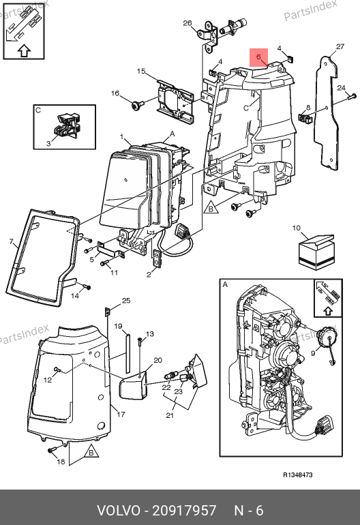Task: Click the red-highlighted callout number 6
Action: click(x=258, y=57)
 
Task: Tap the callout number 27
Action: click(x=340, y=46)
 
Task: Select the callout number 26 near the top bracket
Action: click(x=187, y=23)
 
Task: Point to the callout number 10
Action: click(x=297, y=228)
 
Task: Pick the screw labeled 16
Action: click(x=137, y=105)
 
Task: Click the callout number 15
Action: click(x=141, y=71)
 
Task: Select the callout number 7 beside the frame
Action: click(x=12, y=241)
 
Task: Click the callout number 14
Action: click(x=75, y=296)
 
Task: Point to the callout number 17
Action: click(x=121, y=414)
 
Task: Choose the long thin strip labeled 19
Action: click(x=127, y=353)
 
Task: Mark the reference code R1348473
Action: click(x=298, y=475)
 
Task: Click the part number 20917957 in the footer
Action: click(x=184, y=511)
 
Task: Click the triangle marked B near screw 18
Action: click(x=91, y=452)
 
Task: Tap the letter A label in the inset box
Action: click(x=225, y=284)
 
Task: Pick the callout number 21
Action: click(x=170, y=415)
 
